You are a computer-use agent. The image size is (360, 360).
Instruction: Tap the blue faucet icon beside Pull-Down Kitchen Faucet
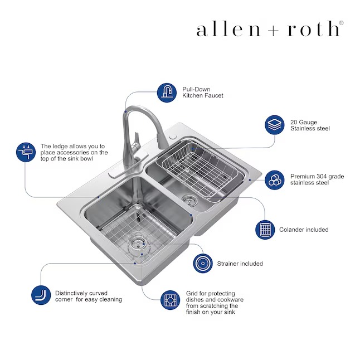pos(166,92)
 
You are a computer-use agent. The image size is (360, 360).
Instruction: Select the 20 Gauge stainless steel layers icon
pos(274,124)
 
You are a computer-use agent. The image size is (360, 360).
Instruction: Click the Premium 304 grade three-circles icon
pos(274,179)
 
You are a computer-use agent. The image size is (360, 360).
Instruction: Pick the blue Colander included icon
pos(265,230)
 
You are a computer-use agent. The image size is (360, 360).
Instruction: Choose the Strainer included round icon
pos(203,263)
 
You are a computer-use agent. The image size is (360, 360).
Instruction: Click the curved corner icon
pos(40,295)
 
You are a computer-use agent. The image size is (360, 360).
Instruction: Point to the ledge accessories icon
pos(26,152)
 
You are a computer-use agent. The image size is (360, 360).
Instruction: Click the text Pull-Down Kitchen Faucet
pos(203,92)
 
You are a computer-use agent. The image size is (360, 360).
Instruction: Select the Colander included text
pos(304,230)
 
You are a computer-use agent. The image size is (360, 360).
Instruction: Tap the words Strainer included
pos(240,264)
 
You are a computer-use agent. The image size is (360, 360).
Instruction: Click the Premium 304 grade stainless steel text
pos(317,179)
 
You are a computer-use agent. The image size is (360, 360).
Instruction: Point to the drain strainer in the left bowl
pos(136,241)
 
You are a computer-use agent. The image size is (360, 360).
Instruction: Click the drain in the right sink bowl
pos(189,198)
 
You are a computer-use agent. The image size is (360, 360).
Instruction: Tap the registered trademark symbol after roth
pos(341,23)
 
